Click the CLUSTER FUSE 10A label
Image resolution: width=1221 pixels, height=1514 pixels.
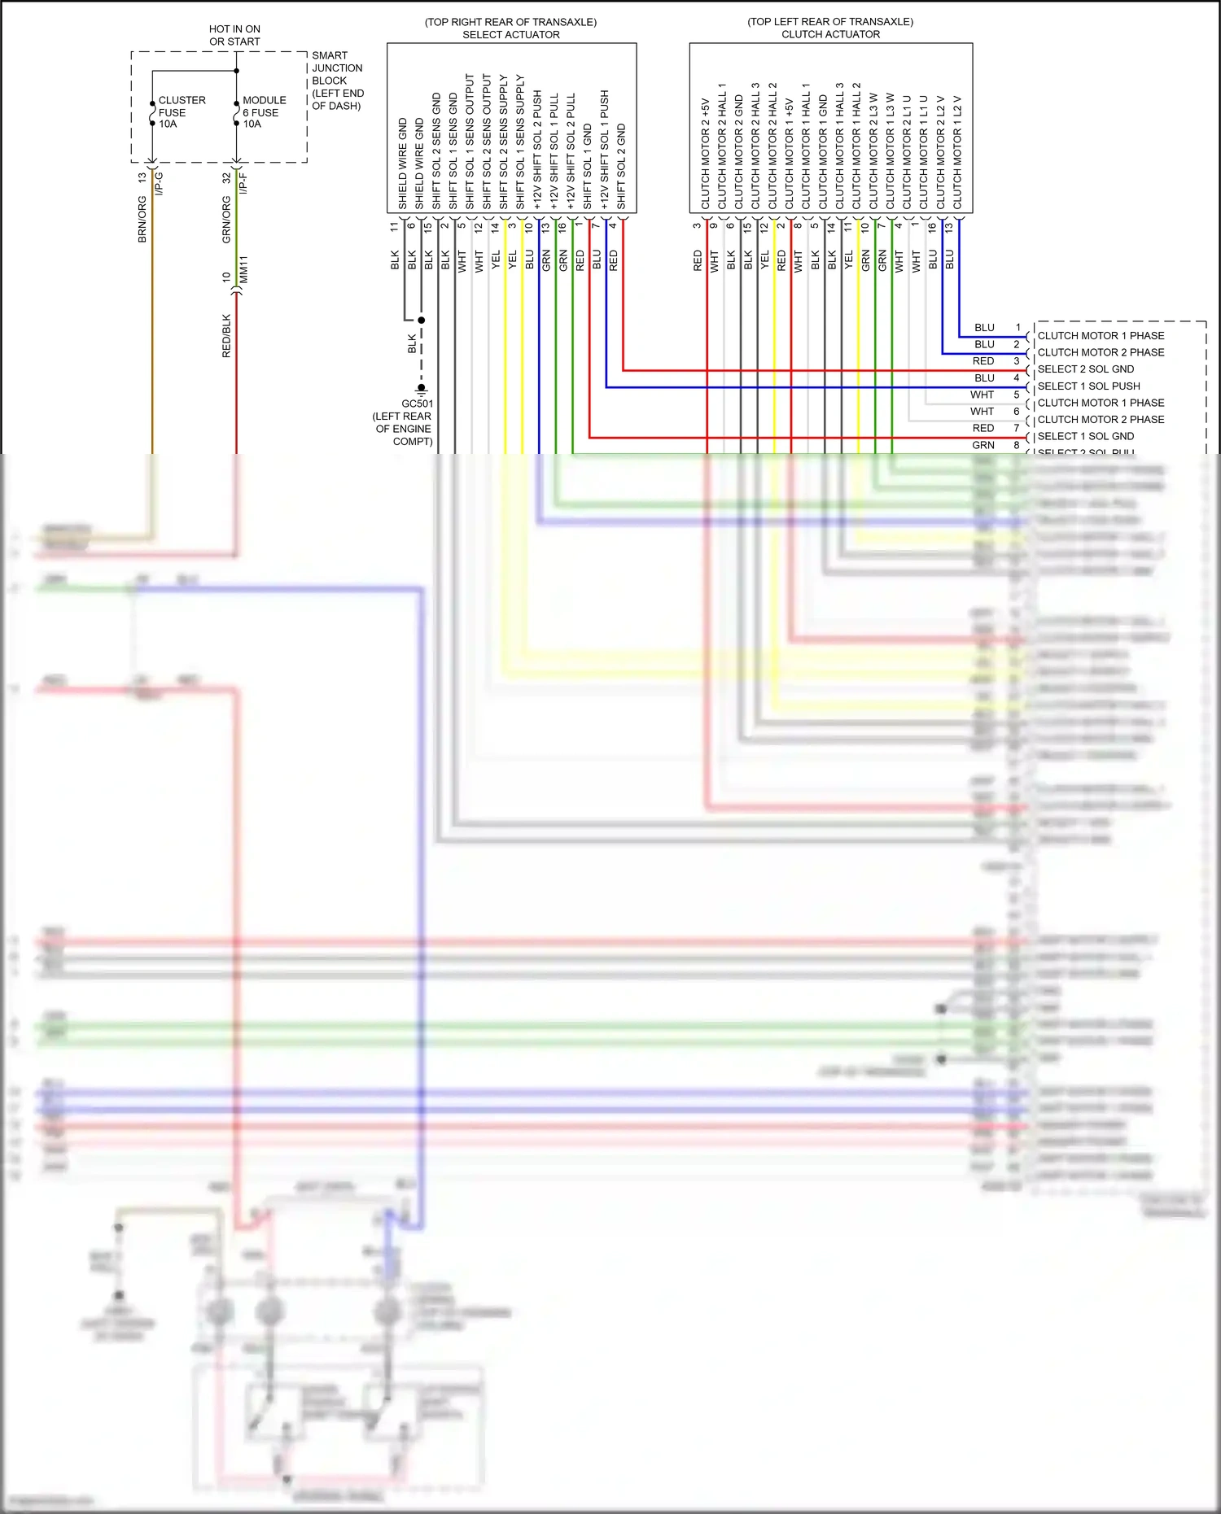181,112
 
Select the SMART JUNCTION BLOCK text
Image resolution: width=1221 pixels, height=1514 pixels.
336,81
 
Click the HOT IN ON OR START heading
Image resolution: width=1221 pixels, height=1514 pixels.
234,35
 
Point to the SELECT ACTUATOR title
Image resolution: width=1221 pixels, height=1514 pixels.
510,35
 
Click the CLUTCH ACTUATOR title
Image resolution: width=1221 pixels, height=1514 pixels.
830,34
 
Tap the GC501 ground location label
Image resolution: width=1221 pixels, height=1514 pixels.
404,422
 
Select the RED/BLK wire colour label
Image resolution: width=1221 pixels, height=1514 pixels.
226,336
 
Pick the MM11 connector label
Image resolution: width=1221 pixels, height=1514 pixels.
243,270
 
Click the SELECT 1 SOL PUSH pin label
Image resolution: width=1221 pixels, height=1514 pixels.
1088,386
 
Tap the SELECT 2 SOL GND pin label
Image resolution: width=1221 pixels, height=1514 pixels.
1085,369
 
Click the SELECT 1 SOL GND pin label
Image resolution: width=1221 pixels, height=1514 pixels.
1085,437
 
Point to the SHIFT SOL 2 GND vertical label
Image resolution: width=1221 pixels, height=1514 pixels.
621,167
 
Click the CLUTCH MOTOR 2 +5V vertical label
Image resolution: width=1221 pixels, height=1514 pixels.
706,155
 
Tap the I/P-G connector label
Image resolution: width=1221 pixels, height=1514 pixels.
160,184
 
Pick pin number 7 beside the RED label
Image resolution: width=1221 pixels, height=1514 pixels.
1016,428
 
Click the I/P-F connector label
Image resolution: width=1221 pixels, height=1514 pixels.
243,184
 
